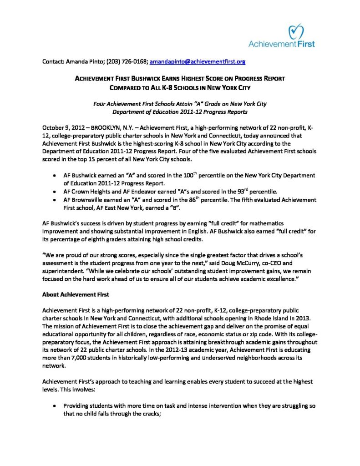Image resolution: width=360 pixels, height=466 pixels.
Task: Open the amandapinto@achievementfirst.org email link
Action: point(198,61)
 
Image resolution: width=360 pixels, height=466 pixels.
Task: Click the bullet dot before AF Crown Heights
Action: point(55,192)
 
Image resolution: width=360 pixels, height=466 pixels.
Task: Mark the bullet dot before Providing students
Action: point(55,405)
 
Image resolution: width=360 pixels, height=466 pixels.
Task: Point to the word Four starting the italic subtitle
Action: point(101,104)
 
